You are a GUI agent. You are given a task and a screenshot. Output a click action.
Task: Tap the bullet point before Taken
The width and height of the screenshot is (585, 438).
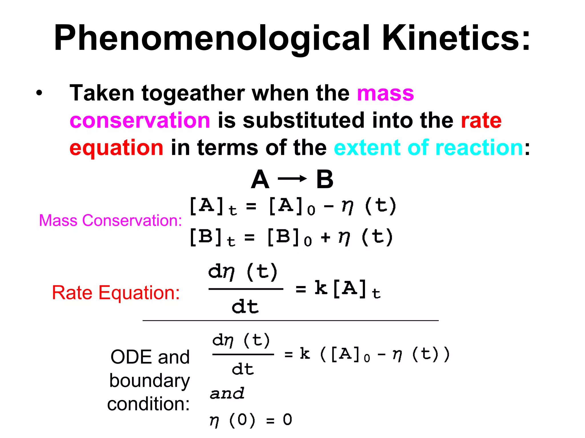(39, 93)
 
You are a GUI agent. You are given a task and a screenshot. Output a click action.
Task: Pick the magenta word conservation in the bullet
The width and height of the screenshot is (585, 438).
(140, 120)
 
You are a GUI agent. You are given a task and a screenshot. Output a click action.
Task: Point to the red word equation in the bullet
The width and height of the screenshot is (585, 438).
(116, 147)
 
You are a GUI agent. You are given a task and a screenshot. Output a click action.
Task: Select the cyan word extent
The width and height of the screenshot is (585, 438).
(367, 147)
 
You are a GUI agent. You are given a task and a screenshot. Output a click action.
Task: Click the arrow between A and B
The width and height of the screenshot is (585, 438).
(292, 179)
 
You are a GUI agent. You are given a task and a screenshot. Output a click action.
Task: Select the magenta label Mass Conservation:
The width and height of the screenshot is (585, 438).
(110, 220)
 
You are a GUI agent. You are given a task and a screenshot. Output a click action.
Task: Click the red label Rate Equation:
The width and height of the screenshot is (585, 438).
(116, 293)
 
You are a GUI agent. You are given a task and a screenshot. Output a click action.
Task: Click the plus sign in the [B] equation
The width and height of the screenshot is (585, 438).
(325, 237)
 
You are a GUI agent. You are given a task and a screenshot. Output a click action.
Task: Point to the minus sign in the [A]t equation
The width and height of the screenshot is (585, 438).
(328, 206)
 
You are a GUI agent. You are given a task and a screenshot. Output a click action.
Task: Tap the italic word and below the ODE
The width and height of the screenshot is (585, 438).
(227, 394)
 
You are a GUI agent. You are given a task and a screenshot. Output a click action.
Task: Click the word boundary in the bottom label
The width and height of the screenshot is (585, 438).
(149, 381)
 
